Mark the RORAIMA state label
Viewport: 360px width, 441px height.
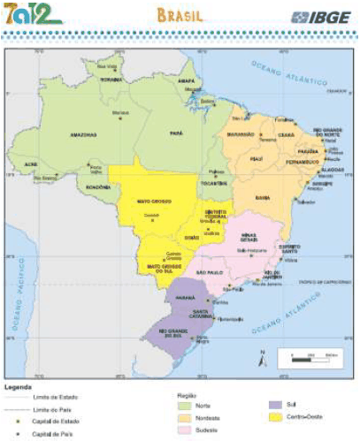[110, 79]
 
